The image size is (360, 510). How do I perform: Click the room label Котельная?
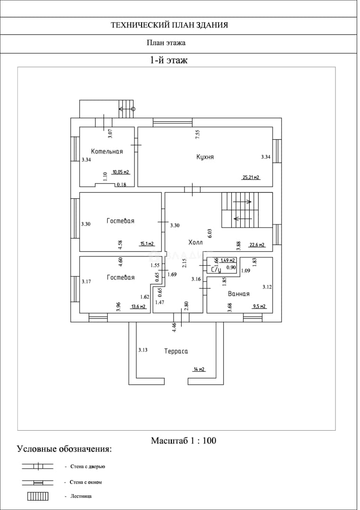point(107,151)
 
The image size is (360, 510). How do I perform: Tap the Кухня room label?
point(205,157)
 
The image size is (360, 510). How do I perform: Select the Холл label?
point(195,242)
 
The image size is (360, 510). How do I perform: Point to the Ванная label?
point(238,294)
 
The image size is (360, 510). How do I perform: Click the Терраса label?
point(176,351)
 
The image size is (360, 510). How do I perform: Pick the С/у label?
point(216,270)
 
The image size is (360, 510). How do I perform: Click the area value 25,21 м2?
point(251,178)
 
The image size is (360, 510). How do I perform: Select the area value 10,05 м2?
point(121,172)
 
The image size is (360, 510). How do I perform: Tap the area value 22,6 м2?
point(257,245)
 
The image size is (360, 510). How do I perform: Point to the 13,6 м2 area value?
point(138,306)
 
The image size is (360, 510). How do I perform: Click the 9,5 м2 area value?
point(259,306)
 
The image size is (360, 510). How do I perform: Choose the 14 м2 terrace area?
point(199,369)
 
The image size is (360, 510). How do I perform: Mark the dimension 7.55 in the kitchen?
point(197,134)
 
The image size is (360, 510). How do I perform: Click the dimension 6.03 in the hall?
point(209,234)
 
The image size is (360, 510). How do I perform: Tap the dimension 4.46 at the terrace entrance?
point(175,327)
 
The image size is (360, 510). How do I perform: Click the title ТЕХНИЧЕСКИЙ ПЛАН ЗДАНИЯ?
point(169,25)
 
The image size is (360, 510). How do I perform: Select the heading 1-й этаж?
point(168,60)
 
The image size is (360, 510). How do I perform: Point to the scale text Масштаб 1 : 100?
point(183,441)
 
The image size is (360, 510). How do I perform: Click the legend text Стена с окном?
point(86,482)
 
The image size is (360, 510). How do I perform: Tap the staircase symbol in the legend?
point(38,496)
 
